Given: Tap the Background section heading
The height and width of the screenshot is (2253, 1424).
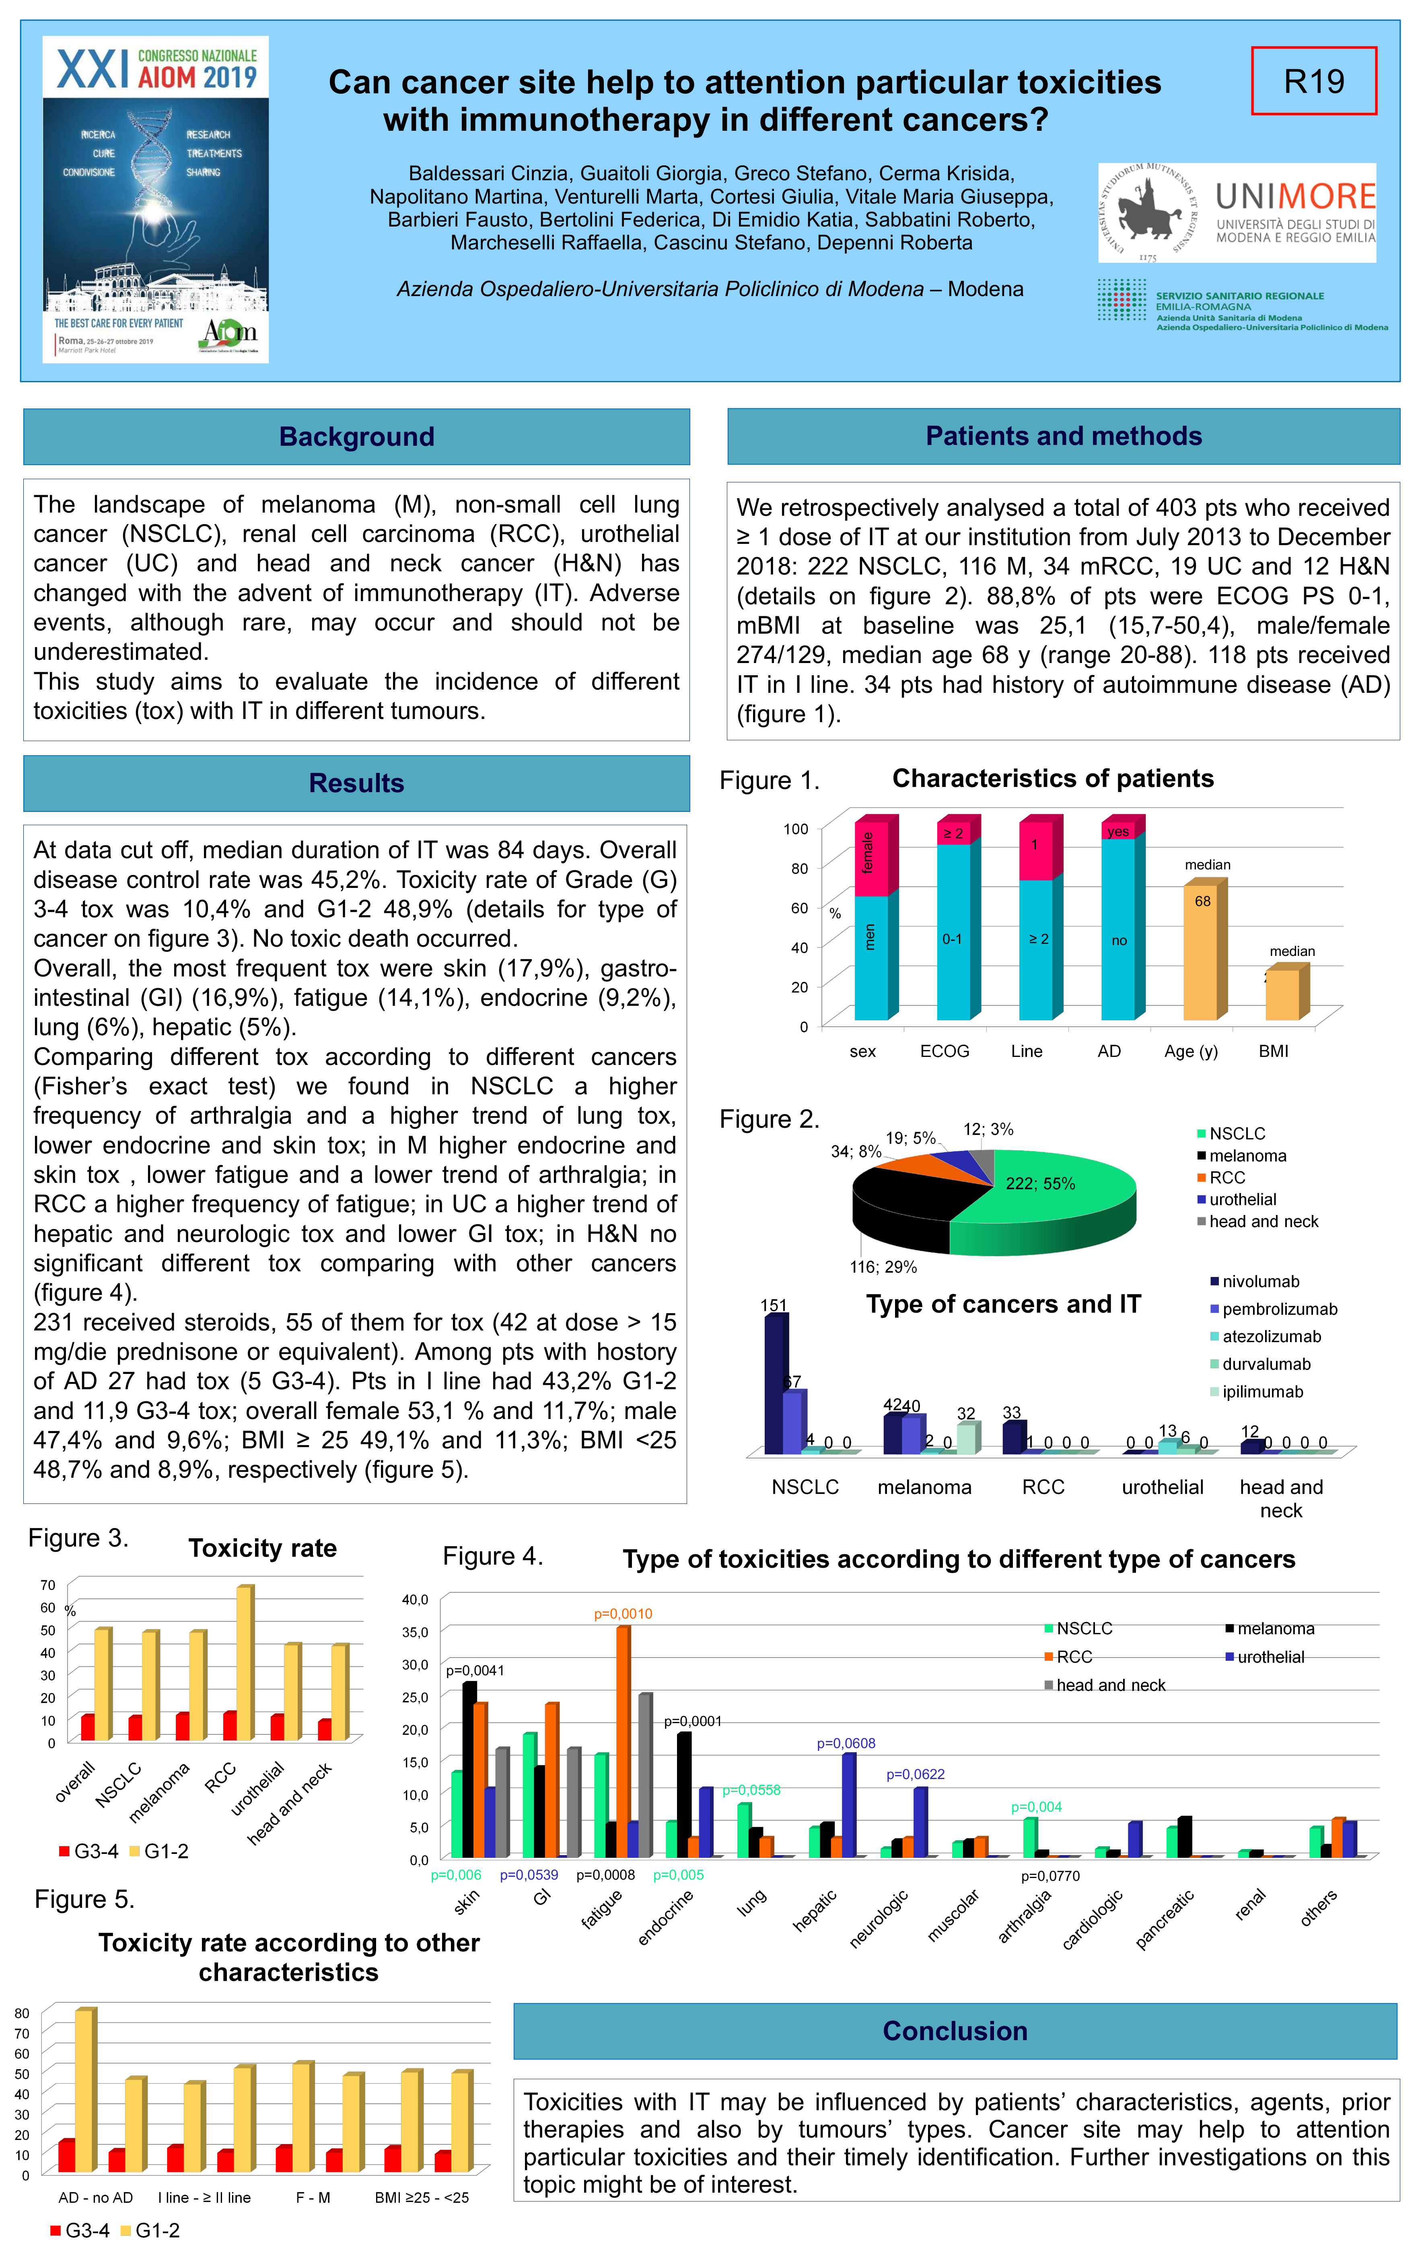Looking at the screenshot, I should [356, 437].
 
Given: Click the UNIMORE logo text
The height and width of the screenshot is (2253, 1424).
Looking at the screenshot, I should [1295, 196].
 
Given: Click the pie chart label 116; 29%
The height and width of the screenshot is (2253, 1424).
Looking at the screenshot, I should [882, 1267].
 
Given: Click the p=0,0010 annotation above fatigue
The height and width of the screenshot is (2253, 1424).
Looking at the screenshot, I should [623, 1614].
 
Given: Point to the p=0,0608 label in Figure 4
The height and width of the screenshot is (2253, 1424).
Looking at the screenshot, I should [846, 1743].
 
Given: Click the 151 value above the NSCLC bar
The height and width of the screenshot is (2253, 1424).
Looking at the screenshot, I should [774, 1305].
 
